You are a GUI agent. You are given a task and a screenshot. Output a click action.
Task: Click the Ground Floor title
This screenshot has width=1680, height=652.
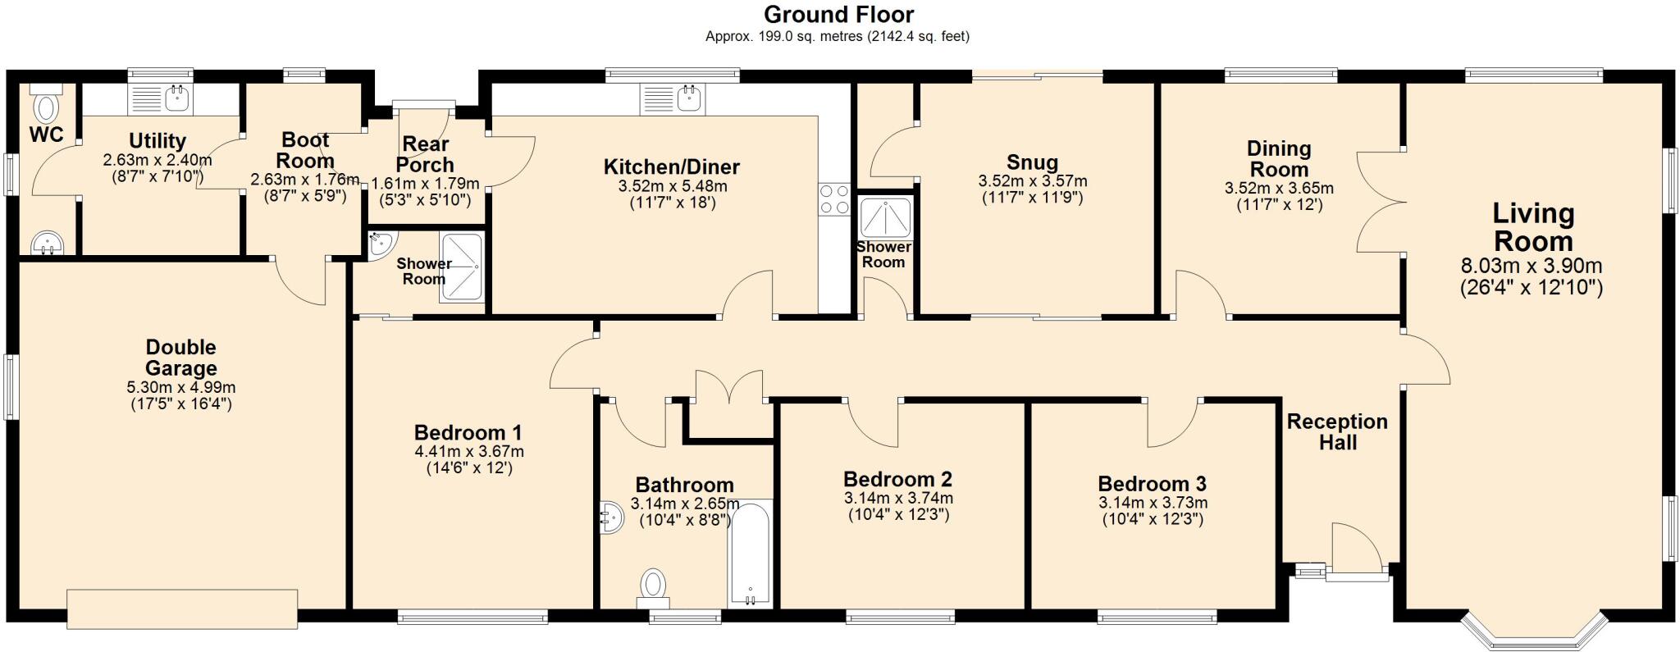[838, 14]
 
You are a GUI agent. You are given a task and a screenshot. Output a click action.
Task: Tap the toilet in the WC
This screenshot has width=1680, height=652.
[47, 107]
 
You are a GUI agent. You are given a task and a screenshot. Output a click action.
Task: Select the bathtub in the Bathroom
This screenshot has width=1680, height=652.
[750, 554]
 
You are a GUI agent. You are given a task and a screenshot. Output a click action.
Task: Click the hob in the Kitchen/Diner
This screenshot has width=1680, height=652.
[834, 199]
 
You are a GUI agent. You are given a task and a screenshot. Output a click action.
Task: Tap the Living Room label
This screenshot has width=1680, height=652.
[1532, 227]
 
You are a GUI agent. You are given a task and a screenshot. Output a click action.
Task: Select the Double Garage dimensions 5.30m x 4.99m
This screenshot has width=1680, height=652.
[181, 387]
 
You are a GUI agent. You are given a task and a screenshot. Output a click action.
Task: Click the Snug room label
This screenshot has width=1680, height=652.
[1032, 162]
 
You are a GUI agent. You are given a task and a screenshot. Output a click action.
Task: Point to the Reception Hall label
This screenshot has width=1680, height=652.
[1337, 431]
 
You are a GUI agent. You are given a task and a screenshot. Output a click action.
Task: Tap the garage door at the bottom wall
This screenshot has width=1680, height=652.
[182, 608]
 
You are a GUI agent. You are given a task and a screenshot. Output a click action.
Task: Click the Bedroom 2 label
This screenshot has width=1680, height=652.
[897, 478]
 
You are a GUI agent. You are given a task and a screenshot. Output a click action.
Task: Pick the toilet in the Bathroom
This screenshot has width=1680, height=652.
[653, 586]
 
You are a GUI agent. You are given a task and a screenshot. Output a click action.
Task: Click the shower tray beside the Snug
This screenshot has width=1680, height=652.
[885, 217]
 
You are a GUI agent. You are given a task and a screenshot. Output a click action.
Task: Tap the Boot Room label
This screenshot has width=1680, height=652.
[305, 150]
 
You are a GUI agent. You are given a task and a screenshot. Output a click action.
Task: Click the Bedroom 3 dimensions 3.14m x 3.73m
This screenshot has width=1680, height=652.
[1153, 503]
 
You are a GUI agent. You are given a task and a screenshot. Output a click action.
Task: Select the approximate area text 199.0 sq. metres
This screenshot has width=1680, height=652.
[838, 36]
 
